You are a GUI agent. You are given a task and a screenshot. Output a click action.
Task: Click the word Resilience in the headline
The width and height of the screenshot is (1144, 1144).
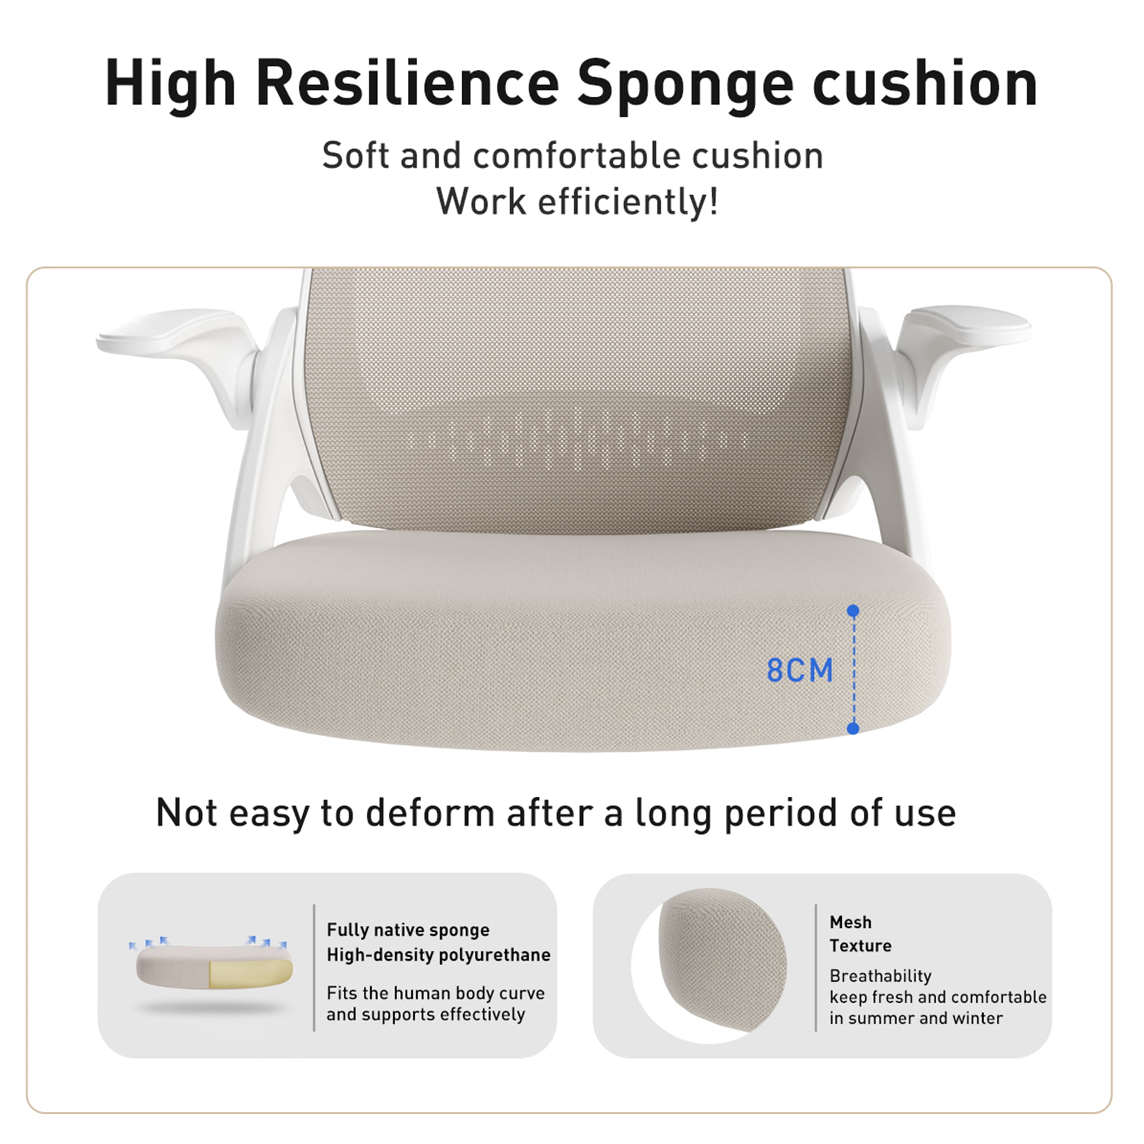[408, 83]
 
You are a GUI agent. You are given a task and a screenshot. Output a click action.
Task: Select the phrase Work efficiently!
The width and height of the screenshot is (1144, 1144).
[577, 201]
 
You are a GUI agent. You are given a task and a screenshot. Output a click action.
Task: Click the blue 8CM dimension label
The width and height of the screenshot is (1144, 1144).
[800, 670]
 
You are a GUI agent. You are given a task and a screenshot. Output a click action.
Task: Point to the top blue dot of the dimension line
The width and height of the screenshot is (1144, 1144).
[853, 610]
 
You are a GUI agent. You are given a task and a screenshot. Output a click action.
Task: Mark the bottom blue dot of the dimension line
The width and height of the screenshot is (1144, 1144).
[853, 728]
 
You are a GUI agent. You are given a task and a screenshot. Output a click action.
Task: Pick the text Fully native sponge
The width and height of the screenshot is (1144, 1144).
[408, 930]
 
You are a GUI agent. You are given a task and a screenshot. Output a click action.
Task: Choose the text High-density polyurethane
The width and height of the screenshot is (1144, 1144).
[438, 955]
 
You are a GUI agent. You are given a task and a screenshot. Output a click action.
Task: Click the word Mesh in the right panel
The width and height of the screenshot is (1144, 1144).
[851, 922]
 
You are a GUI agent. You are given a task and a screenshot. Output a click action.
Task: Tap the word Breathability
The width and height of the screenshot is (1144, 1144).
[880, 976]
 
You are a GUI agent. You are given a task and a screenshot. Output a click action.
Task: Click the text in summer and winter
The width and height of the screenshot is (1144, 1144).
[916, 1019]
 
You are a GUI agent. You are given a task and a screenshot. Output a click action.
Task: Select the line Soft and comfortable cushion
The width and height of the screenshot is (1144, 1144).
[573, 156]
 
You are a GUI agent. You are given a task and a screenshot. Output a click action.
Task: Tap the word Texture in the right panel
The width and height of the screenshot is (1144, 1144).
[860, 946]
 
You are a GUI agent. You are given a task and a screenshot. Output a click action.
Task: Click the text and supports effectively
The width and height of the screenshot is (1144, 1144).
[426, 1014]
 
